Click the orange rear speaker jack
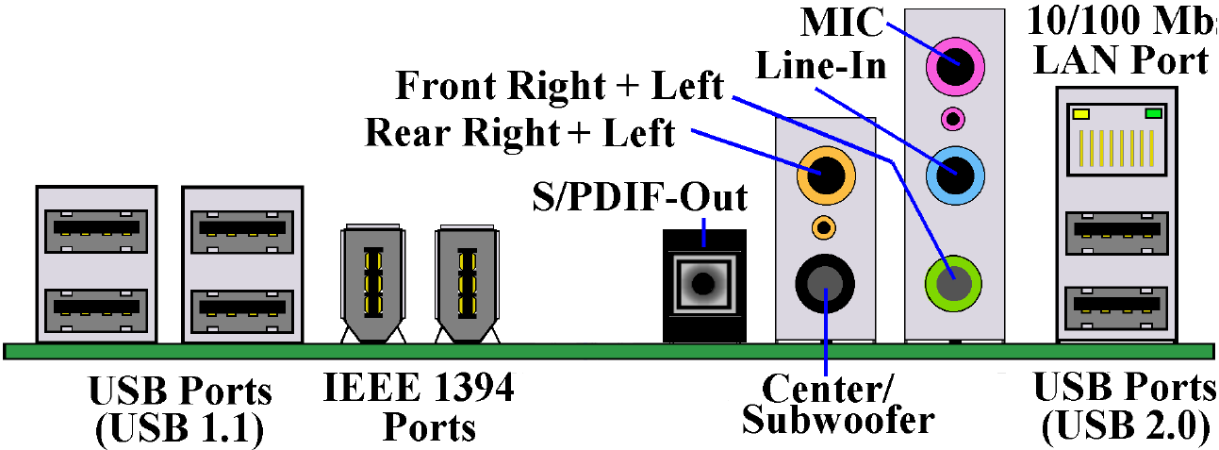tap(823, 174)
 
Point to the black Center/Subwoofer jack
tap(825, 281)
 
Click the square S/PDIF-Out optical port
tap(703, 281)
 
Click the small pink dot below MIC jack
tap(953, 120)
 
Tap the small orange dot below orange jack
tap(823, 226)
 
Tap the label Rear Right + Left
tap(520, 133)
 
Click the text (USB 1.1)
tap(179, 429)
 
